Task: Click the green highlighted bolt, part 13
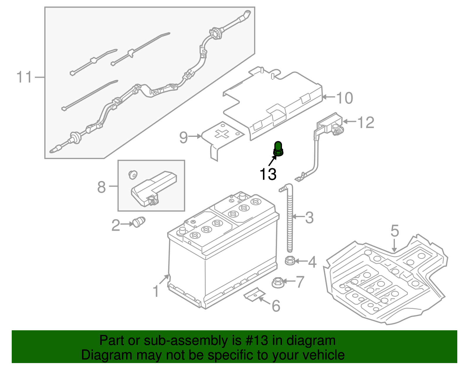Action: pos(278,149)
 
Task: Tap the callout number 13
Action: pos(268,174)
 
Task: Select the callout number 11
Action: pos(24,77)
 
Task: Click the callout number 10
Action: pos(345,98)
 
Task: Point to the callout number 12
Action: pos(366,122)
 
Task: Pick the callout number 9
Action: pos(183,137)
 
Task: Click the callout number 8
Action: pos(101,187)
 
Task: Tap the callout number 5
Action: pos(395,231)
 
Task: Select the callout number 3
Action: pos(309,218)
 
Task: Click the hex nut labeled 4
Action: pos(290,260)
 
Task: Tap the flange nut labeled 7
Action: pos(277,282)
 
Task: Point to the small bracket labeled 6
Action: pos(254,294)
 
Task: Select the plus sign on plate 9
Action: pos(222,134)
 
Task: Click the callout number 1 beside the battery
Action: pos(156,291)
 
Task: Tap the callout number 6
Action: pos(276,306)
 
